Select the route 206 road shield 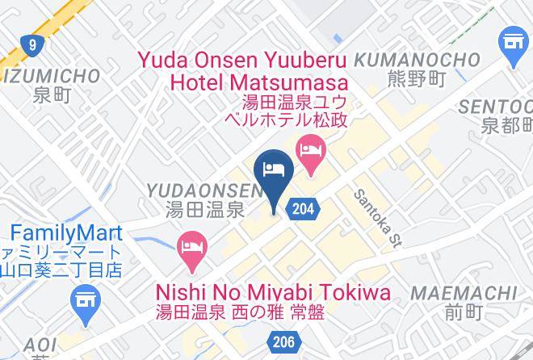pyautogui.click(x=283, y=342)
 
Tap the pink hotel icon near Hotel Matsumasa pyautogui.click(x=310, y=150)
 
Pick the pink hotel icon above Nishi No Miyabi pyautogui.click(x=191, y=245)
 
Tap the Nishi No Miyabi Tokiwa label pyautogui.click(x=272, y=292)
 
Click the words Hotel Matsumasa pyautogui.click(x=258, y=82)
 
